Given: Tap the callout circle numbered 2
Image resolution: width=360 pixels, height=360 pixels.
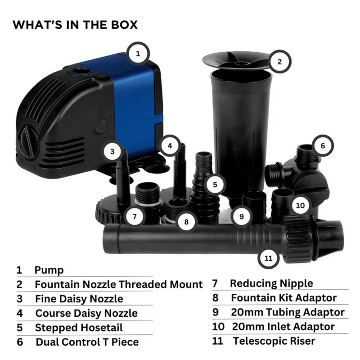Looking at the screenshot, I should (x=279, y=62).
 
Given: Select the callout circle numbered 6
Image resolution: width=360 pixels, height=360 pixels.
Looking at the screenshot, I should (x=322, y=146).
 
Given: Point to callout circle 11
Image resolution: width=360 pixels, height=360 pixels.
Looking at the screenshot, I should (x=269, y=259).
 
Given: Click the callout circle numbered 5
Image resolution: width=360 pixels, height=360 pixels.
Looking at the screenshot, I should (x=215, y=184).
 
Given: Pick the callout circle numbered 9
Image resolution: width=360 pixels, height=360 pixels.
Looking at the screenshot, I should (x=242, y=216).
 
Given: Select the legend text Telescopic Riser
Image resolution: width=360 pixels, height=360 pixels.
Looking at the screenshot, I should (x=274, y=341).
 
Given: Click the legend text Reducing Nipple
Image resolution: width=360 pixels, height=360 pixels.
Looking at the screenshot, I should (x=271, y=283).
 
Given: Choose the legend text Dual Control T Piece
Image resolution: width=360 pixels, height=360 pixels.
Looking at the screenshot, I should (x=87, y=342).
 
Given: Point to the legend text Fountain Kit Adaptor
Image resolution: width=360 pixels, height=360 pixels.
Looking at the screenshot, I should (x=283, y=297).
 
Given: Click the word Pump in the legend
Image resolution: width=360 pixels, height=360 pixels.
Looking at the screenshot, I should (x=49, y=270).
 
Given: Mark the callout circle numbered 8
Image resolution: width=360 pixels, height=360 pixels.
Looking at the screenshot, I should (x=186, y=221).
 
